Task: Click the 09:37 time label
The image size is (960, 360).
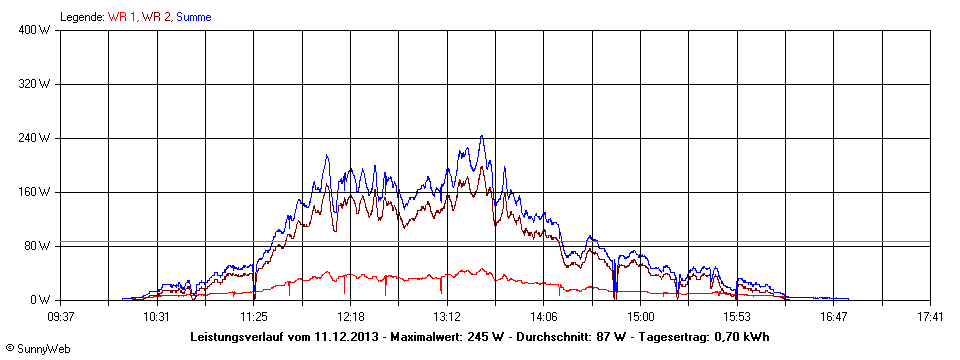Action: pyautogui.click(x=60, y=317)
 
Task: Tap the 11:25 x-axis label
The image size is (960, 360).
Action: pyautogui.click(x=254, y=317)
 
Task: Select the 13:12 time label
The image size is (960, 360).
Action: pyautogui.click(x=447, y=317)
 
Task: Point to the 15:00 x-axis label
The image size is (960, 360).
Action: pyautogui.click(x=641, y=317)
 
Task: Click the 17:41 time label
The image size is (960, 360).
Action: pyautogui.click(x=930, y=317)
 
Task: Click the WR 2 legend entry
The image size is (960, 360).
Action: pyautogui.click(x=156, y=17)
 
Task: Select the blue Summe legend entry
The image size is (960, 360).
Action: pyautogui.click(x=194, y=17)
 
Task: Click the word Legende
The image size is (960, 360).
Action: pyautogui.click(x=82, y=17)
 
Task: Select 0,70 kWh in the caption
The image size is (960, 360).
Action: pyautogui.click(x=742, y=336)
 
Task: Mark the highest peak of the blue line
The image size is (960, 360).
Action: pyautogui.click(x=482, y=136)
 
